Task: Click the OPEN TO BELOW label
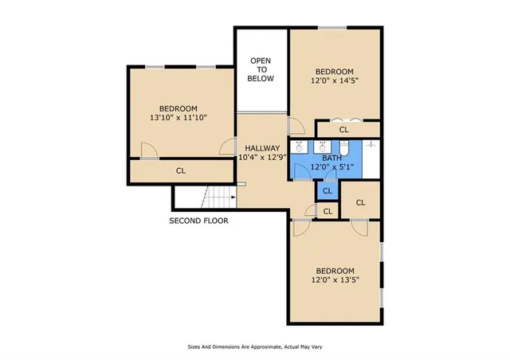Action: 261,69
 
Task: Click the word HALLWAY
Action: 262,148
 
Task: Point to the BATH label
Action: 331,158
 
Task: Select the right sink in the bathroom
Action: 322,147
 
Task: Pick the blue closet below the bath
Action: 327,191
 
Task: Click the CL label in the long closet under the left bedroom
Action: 181,170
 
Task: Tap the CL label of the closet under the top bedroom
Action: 343,129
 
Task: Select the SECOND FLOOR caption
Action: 198,221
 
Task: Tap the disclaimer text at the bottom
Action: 254,346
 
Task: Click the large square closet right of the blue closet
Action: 360,202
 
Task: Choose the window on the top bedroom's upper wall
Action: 333,29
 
